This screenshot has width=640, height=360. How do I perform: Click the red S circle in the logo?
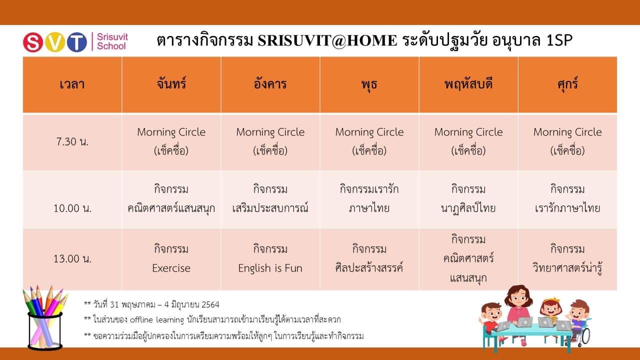pyautogui.click(x=33, y=42)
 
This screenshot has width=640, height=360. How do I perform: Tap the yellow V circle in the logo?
pyautogui.click(x=55, y=42)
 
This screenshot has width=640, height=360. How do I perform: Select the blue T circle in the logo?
pyautogui.click(x=77, y=42)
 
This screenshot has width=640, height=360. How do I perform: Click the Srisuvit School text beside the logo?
pyautogui.click(x=112, y=41)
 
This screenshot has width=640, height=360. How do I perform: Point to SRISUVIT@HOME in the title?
pyautogui.click(x=327, y=40)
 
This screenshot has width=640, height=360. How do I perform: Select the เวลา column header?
pyautogui.click(x=72, y=84)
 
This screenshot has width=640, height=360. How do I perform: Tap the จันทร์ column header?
pyautogui.click(x=171, y=83)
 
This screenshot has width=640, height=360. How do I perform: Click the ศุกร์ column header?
pyautogui.click(x=567, y=84)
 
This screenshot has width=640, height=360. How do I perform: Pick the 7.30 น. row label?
pyautogui.click(x=72, y=141)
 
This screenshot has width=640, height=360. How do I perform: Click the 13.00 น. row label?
pyautogui.click(x=72, y=259)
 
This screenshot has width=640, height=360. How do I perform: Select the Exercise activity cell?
pyautogui.click(x=171, y=259)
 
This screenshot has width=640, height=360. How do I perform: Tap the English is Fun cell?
pyautogui.click(x=270, y=259)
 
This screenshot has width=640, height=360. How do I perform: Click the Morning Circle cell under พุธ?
pyautogui.click(x=369, y=141)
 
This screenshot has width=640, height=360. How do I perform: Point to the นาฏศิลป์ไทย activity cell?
pyautogui.click(x=468, y=199)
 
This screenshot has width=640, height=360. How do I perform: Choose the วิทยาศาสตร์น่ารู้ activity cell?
pyautogui.click(x=567, y=259)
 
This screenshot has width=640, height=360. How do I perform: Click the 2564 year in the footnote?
pyautogui.click(x=210, y=304)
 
